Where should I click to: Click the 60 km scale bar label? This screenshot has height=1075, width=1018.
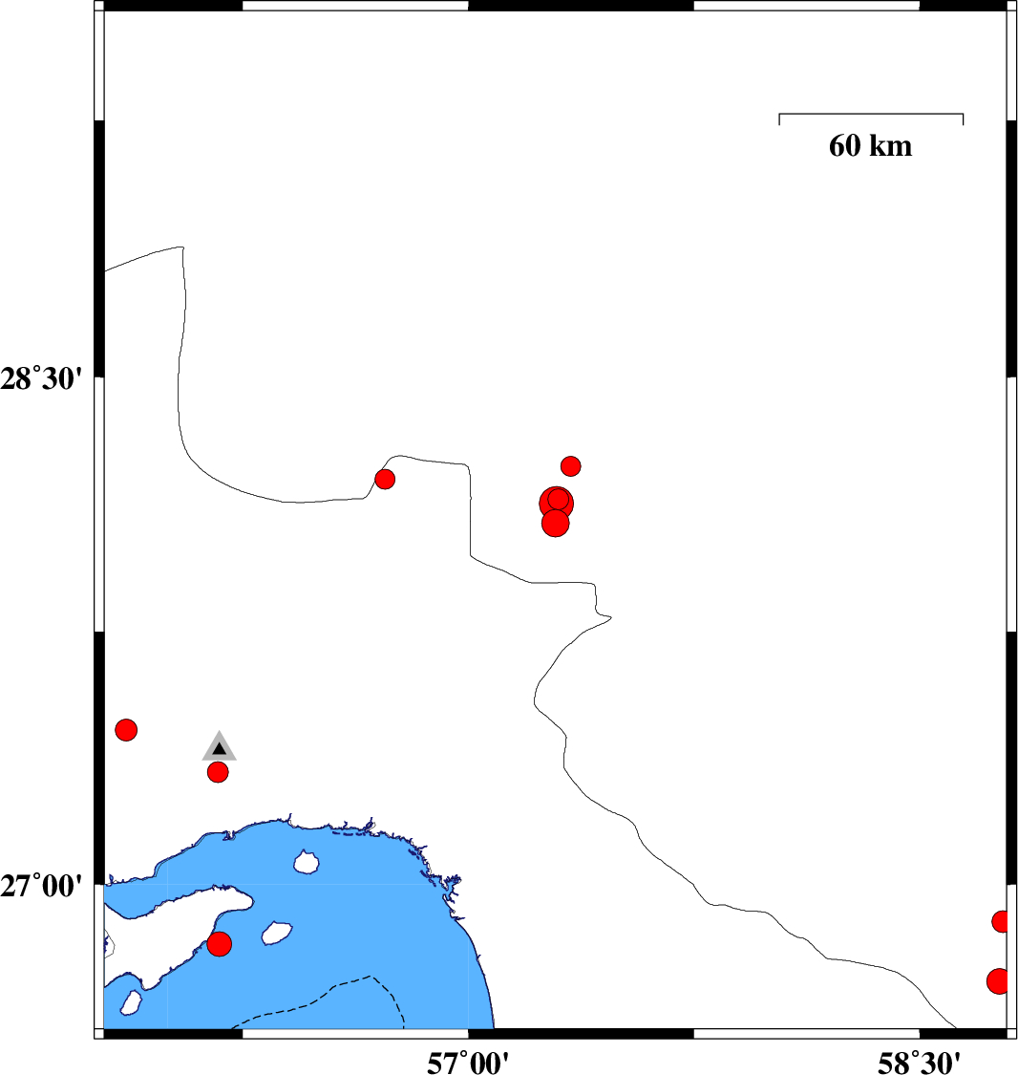pos(870,145)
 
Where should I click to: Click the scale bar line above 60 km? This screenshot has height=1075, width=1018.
pos(871,114)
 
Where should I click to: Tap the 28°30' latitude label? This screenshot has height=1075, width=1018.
pos(41,377)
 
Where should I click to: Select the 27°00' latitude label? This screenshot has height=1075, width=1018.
pos(41,885)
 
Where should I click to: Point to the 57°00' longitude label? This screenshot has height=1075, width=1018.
pos(468,1063)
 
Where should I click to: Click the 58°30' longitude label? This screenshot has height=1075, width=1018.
pos(919,1063)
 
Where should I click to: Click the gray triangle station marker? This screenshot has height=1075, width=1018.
pos(220,747)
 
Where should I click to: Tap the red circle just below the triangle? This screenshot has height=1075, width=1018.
pos(218,772)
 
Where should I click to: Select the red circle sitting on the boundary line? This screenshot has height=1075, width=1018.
pos(385,479)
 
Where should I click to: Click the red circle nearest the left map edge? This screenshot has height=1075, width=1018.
pos(126,729)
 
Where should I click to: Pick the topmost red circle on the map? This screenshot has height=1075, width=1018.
pos(571,466)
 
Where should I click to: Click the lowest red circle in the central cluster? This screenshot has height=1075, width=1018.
pos(555,524)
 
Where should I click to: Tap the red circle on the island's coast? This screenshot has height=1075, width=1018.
pos(220,944)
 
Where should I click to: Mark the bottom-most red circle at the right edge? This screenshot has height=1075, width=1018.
pos(998,981)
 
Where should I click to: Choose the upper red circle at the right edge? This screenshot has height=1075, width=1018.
pos(1001,921)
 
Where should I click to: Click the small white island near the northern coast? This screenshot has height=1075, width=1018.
pos(307,862)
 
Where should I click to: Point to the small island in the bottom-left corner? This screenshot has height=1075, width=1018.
pos(131,1002)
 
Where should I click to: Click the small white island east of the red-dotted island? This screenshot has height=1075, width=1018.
pos(277,933)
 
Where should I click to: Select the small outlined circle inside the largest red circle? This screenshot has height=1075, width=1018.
pos(559,499)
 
